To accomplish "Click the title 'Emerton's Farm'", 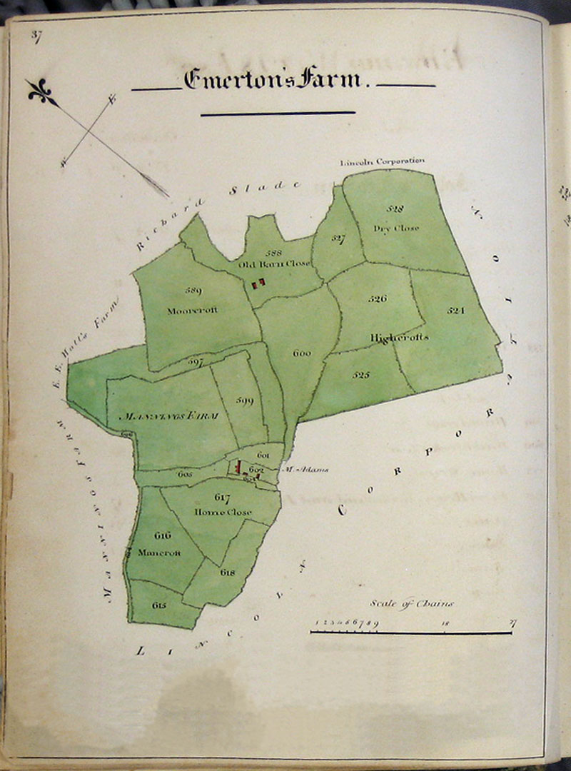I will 273,79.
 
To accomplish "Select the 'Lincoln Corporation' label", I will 383,161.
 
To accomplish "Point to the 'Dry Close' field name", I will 396,228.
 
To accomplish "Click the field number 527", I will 338,238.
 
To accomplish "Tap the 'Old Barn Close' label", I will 275,263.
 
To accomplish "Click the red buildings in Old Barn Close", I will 258,284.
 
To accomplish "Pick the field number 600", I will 302,353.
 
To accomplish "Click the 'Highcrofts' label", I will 400,336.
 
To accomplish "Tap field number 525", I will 360,373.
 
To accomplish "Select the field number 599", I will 244,401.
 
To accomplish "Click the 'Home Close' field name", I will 221,512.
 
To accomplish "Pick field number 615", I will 159,605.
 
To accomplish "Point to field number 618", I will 228,573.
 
